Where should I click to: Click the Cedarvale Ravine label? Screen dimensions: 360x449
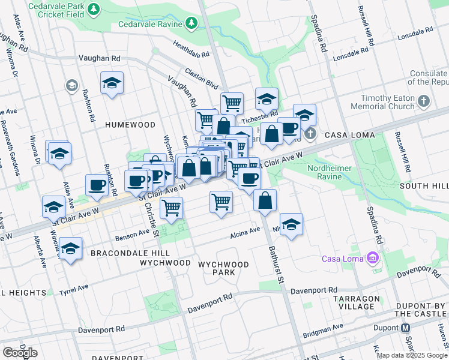(x=151, y=24)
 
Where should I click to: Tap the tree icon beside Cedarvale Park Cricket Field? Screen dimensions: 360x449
(x=93, y=9)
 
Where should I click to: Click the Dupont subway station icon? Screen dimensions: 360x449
(x=406, y=328)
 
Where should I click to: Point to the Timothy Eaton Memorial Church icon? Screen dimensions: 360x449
(x=424, y=100)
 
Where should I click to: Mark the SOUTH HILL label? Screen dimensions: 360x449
(x=424, y=186)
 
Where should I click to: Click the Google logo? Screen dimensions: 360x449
(x=20, y=352)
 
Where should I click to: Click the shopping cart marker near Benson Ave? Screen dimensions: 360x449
(x=172, y=208)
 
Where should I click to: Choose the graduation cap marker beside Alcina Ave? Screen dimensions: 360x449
(x=291, y=224)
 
